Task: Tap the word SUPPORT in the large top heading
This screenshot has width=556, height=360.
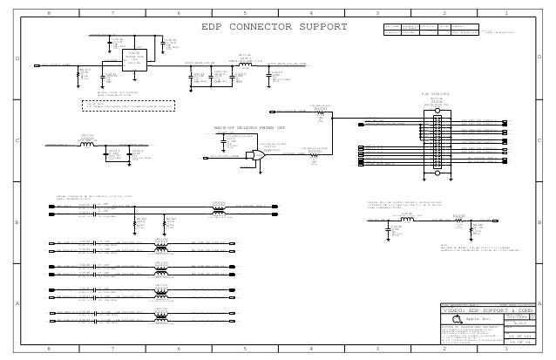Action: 321,27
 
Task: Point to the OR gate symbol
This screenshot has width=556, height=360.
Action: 256,155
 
